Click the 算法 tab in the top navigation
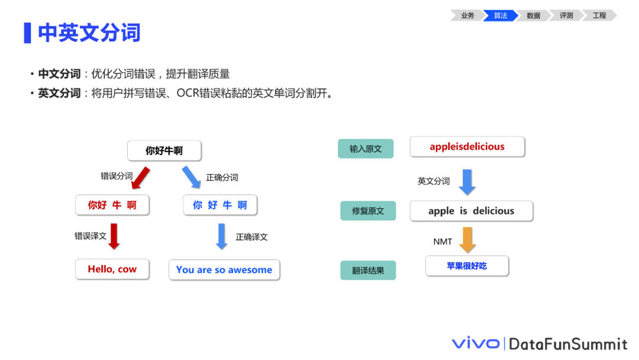click(x=501, y=15)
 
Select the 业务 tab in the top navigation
click(x=467, y=15)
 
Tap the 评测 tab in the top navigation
click(x=566, y=15)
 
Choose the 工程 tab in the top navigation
click(x=599, y=15)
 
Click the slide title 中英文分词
click(x=89, y=33)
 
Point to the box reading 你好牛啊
click(x=164, y=151)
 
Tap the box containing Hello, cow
click(x=112, y=269)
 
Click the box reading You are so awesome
click(x=224, y=270)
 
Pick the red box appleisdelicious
click(x=467, y=147)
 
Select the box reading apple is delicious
click(x=472, y=211)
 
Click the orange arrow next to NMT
click(x=467, y=240)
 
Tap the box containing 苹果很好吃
click(x=467, y=266)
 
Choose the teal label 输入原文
click(x=366, y=149)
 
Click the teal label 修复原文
click(x=368, y=211)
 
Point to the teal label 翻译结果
click(x=368, y=271)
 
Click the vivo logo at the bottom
click(x=476, y=343)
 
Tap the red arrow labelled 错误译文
click(x=114, y=236)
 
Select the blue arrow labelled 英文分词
click(x=467, y=182)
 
